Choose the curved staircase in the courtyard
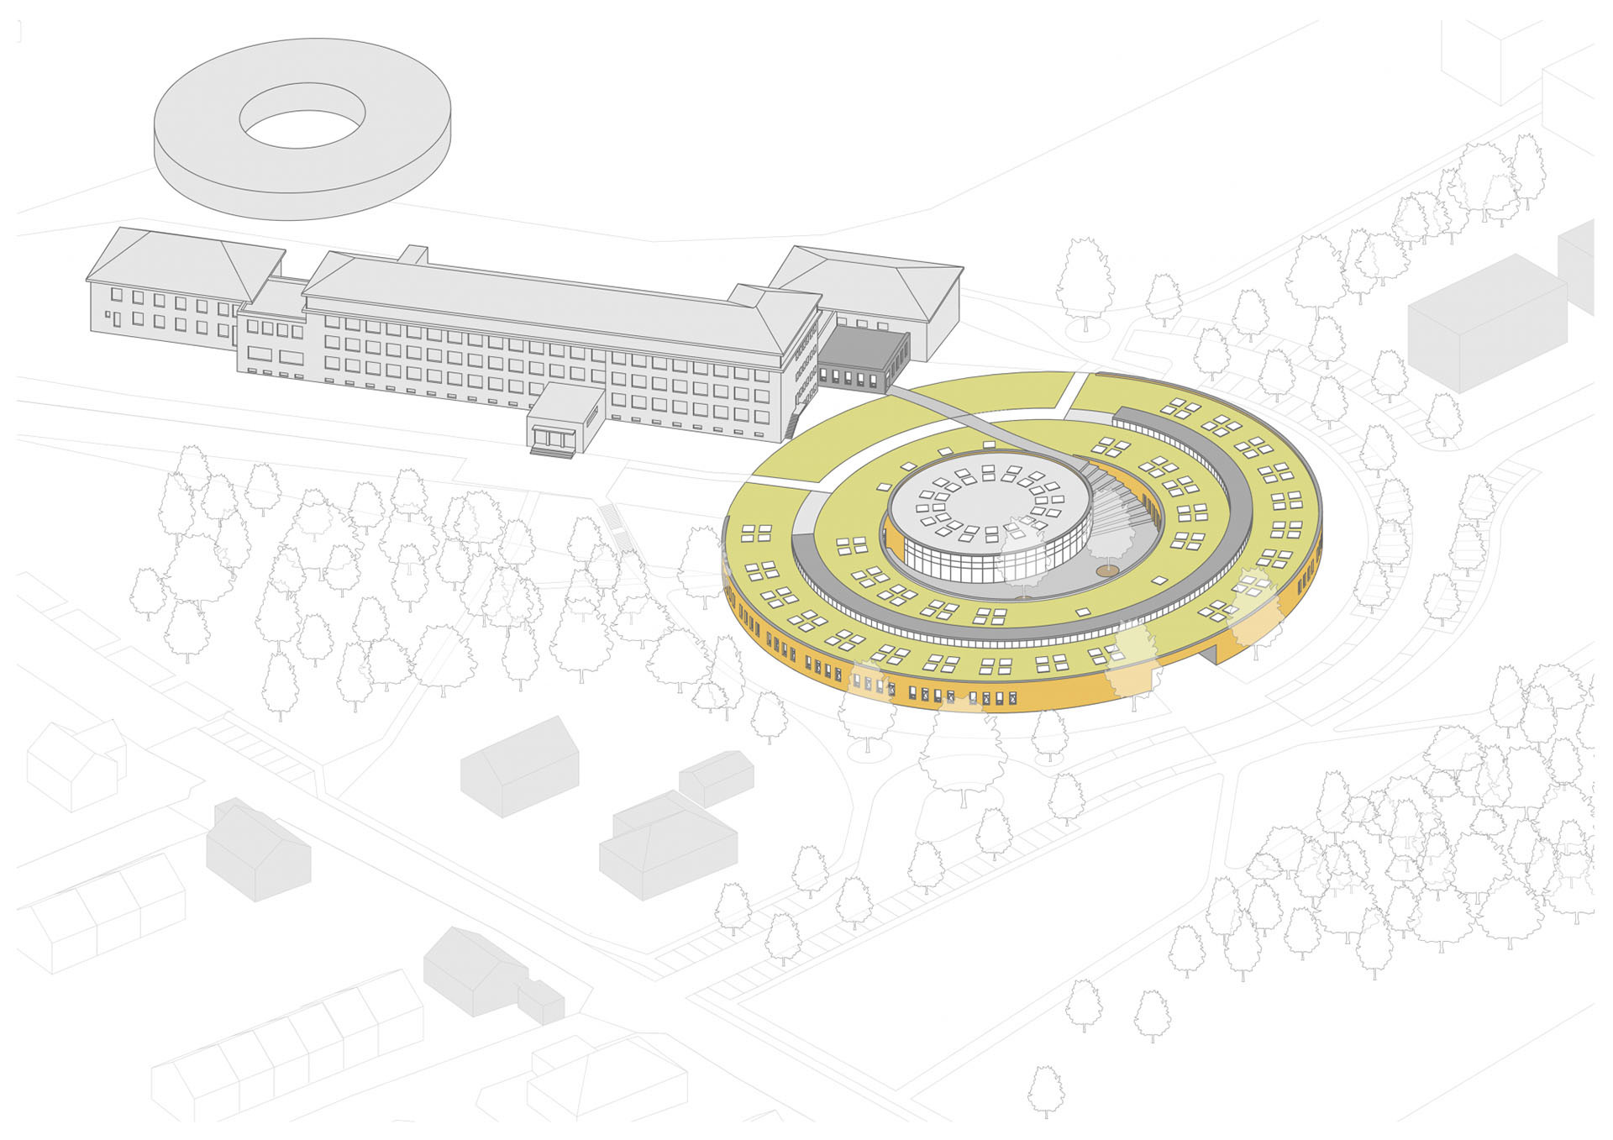tap(1122, 504)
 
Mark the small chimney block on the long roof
tap(413, 254)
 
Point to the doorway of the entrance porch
tap(553, 439)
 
